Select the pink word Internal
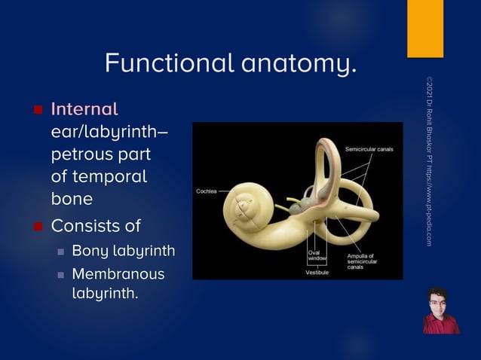pos(84,109)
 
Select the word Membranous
pos(118,274)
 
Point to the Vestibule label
pos(316,272)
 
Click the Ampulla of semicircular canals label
pos(361,261)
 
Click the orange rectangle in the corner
pos(425,29)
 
